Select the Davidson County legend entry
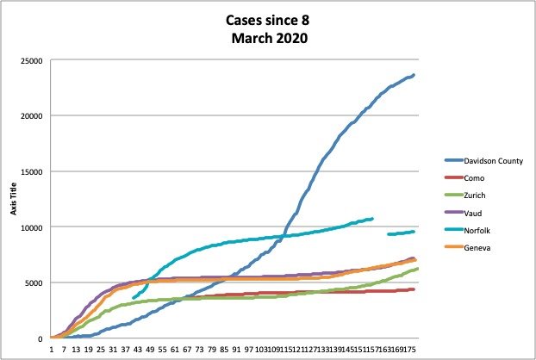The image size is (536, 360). pos(483,160)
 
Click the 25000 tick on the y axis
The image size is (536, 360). pos(35,60)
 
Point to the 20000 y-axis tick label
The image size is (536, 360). pos(35,116)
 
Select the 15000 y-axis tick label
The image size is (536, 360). pos(35,171)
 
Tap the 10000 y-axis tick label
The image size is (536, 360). pos(35,227)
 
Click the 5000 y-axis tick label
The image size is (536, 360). pos(37,282)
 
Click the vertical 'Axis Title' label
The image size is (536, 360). pos(13,198)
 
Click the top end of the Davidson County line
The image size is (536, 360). pos(414,75)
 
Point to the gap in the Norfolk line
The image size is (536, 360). pos(380,227)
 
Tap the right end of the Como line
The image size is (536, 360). pos(414,289)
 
